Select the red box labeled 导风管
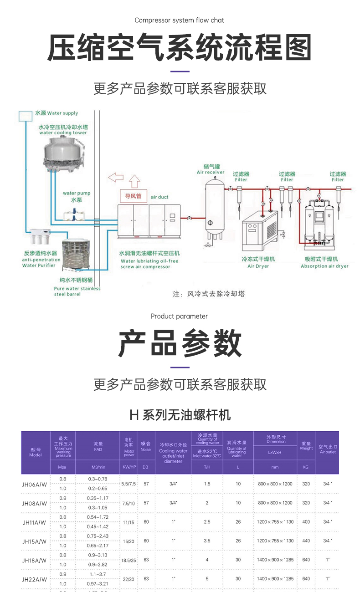(134, 197)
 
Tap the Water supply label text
(57, 113)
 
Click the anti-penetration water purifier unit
(41, 237)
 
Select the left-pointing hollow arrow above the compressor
(116, 177)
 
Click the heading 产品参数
(180, 343)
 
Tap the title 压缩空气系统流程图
(180, 47)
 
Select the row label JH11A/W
(35, 522)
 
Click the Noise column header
(146, 446)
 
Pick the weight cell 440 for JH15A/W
(306, 541)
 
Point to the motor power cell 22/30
(129, 579)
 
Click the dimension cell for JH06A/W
(275, 484)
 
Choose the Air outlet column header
(328, 449)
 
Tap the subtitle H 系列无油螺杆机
(180, 415)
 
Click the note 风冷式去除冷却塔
(209, 294)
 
